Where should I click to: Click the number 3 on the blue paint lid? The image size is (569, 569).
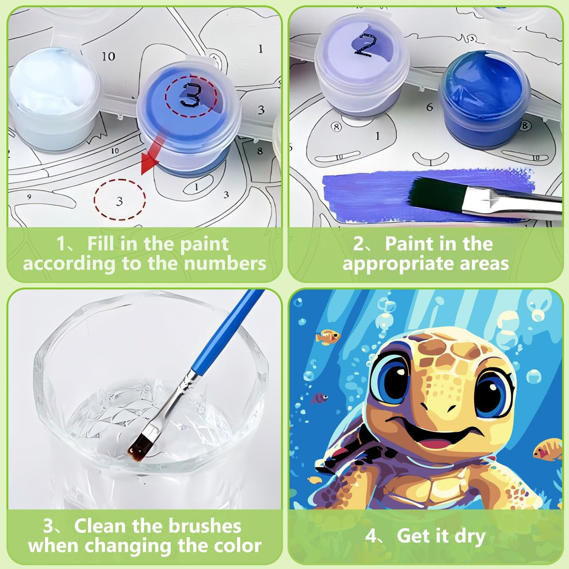190,96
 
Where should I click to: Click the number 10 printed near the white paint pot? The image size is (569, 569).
108,56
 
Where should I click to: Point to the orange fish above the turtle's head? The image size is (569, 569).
328,336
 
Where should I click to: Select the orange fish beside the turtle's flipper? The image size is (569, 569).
548,449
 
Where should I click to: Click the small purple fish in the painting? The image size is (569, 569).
320,398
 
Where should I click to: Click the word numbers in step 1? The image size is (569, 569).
225,264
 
